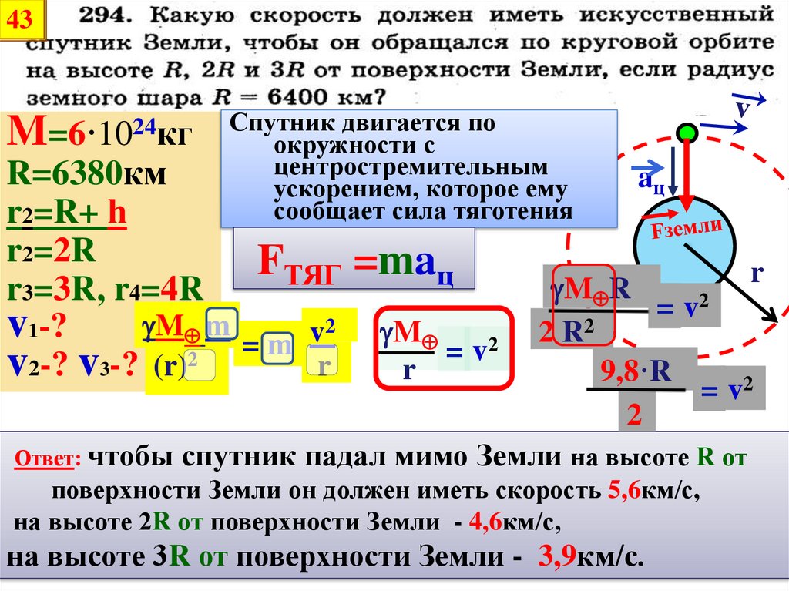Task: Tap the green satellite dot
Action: pyautogui.click(x=687, y=132)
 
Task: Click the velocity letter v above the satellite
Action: pyautogui.click(x=744, y=108)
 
